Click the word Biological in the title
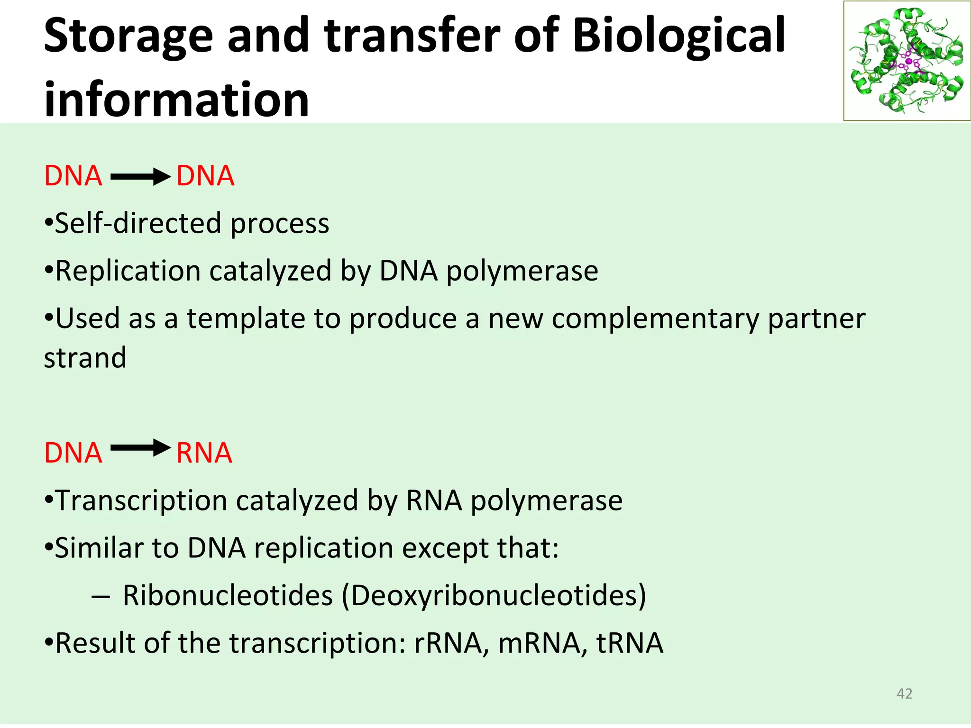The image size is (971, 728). pos(679,36)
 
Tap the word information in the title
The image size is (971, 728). pos(176,100)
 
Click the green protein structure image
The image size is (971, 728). pos(907,61)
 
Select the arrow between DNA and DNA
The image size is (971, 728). pos(140,177)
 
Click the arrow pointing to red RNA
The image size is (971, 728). pos(140,448)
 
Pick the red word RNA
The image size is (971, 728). pos(204,453)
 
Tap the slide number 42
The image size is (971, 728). pos(905,694)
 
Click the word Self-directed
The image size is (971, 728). pos(138,223)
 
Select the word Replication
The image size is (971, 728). pos(128,271)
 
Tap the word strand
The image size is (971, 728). pos(85,358)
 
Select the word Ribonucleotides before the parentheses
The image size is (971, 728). pos(228,595)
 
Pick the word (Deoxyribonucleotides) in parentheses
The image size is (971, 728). pos(494,596)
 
